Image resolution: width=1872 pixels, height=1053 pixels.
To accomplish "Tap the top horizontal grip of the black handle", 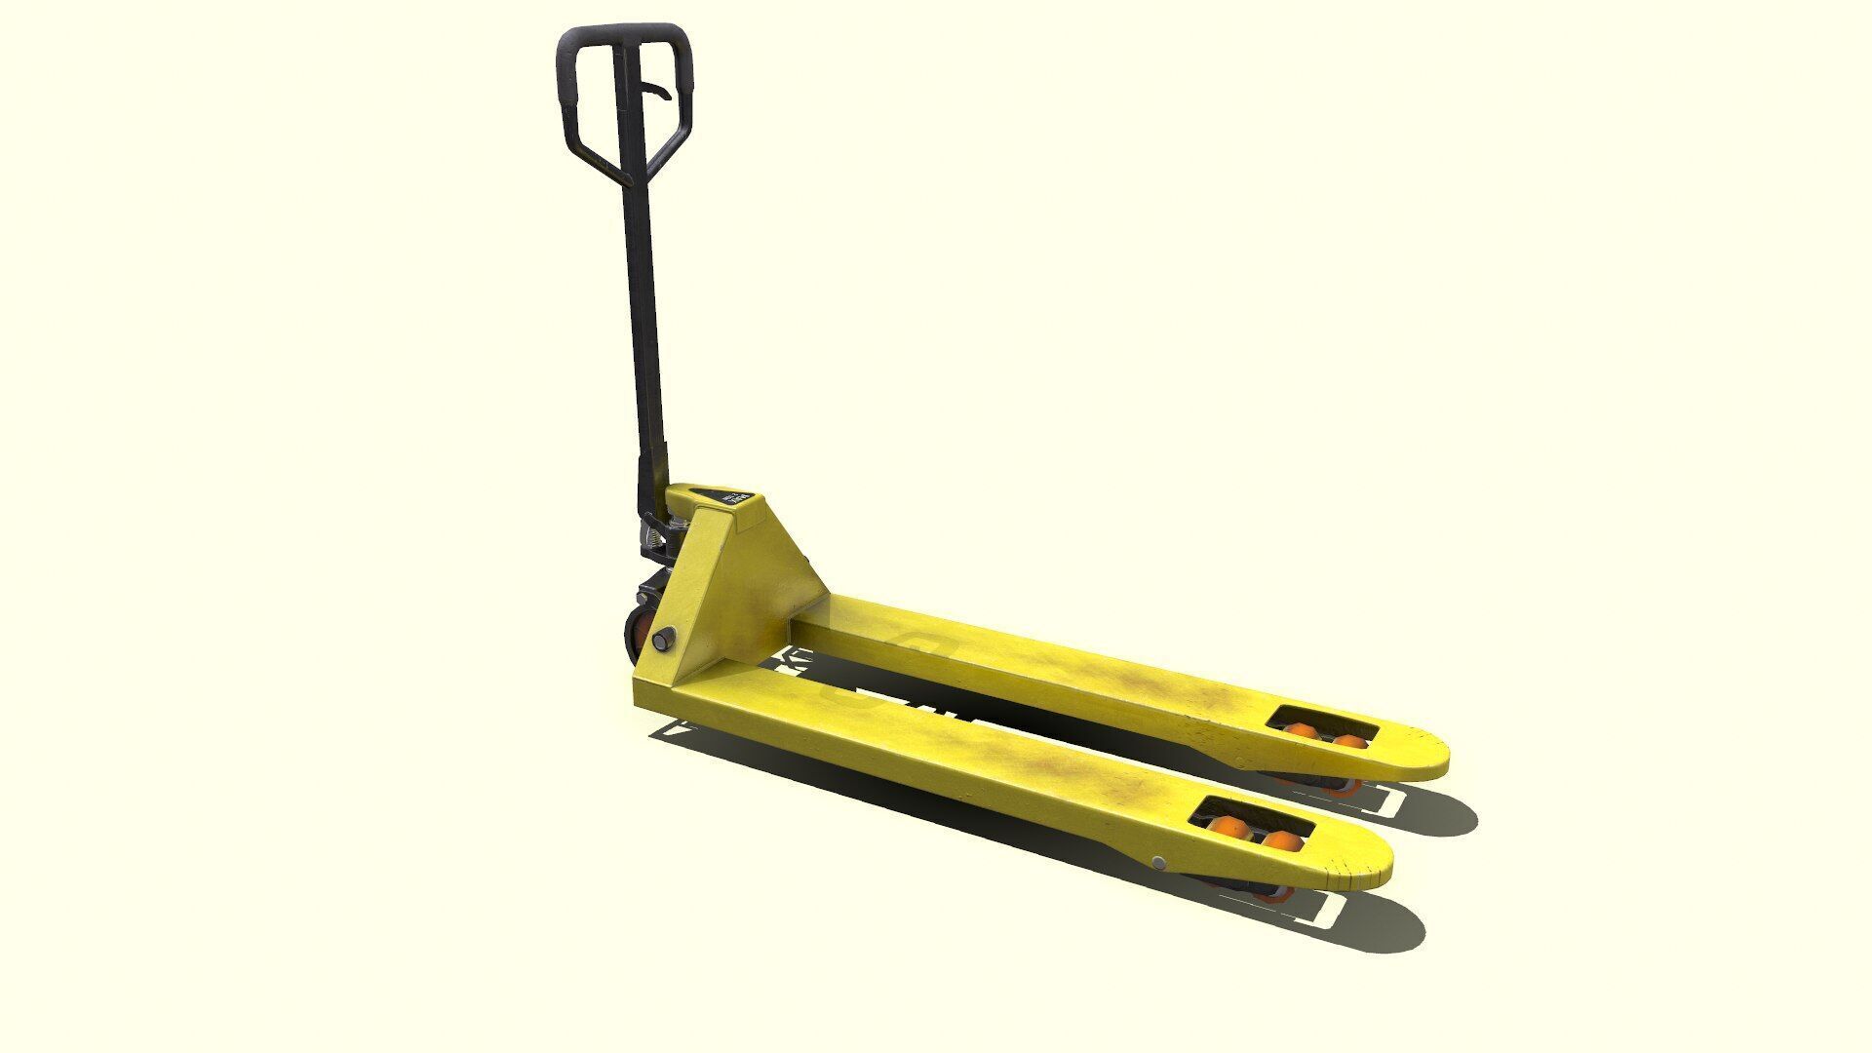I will pos(624,34).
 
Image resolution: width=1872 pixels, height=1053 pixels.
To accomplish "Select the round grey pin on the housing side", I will pos(664,640).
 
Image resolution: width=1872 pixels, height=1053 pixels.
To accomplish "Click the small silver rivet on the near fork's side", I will pos(1157,863).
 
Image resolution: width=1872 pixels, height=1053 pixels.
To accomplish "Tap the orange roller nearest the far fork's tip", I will pos(1350,742).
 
